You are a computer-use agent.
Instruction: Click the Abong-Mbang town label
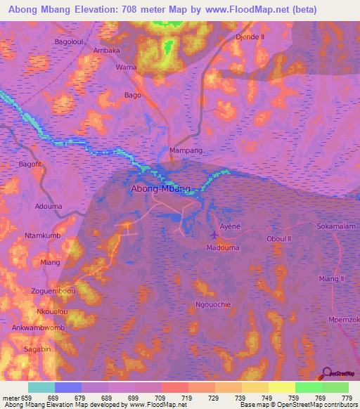coord(160,189)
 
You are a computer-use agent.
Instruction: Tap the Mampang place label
coord(186,151)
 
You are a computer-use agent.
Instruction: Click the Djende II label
coord(252,36)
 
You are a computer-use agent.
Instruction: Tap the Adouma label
coord(49,207)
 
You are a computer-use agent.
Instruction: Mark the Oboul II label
coord(278,239)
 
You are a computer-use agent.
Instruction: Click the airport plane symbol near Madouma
coord(214,235)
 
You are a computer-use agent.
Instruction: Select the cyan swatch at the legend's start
coord(41,387)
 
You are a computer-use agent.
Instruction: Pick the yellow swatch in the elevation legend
coord(282,387)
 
